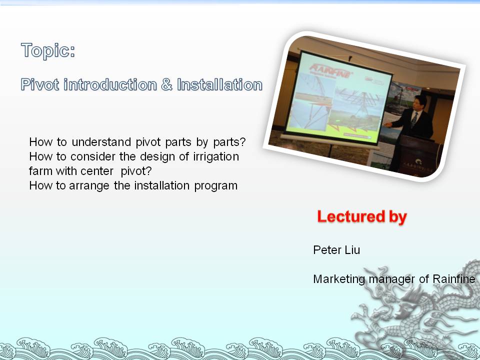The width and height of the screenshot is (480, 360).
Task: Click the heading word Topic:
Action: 48,50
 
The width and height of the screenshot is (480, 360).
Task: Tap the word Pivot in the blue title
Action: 40,84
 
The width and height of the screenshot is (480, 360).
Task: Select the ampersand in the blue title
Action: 167,84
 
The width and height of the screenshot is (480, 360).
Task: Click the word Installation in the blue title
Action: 220,84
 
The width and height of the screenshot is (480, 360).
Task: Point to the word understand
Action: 101,142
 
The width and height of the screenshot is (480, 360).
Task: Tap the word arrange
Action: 89,186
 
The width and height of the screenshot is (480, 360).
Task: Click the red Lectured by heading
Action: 362,216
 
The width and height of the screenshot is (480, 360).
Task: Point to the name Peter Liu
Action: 336,250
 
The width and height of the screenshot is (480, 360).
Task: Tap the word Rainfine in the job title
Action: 453,279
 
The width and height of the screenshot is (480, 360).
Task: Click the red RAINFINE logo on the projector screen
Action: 330,71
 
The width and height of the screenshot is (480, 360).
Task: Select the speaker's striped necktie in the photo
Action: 414,119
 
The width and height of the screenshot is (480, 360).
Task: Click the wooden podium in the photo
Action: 419,156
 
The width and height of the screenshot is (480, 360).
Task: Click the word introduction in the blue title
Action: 110,84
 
